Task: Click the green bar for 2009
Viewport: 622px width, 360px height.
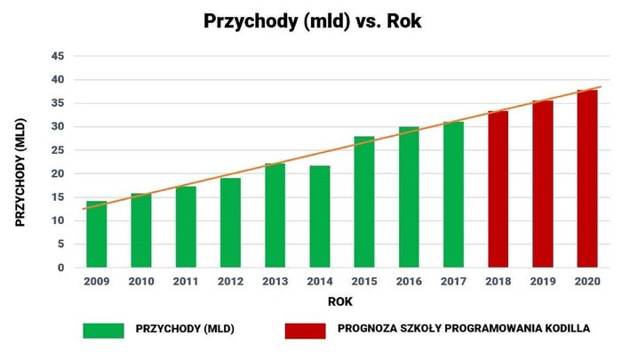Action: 97,234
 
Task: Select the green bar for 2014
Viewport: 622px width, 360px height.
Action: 320,216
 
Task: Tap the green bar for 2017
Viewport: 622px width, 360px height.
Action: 453,195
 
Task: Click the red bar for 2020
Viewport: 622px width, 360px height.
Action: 587,179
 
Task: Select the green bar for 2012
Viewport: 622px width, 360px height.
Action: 230,222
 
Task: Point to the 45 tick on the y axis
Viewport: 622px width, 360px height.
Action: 58,56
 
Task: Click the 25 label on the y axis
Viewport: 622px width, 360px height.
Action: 58,150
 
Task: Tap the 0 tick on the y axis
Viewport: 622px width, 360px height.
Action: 60,268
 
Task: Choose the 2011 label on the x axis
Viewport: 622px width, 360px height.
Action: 186,282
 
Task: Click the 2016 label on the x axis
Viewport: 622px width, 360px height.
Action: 409,282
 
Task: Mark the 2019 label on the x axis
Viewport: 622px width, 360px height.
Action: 543,282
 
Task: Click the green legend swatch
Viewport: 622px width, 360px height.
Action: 103,331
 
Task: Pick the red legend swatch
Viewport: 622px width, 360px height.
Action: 305,331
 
